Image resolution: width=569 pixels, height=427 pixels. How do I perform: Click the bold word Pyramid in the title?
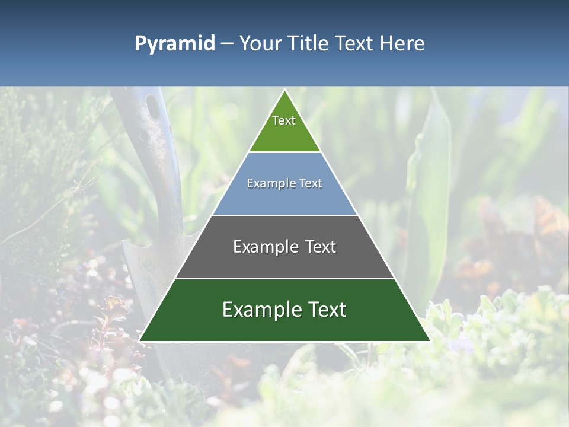click(x=174, y=43)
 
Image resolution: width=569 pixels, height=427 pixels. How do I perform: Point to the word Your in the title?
click(x=260, y=43)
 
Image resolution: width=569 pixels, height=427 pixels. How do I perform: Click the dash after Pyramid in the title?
click(x=226, y=44)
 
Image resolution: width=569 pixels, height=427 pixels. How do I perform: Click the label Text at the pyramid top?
click(x=284, y=120)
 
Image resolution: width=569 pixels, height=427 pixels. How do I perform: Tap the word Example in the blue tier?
click(x=265, y=183)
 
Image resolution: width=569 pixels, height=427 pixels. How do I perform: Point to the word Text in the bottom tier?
click(x=327, y=310)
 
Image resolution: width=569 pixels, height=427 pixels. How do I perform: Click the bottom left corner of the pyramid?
click(x=139, y=341)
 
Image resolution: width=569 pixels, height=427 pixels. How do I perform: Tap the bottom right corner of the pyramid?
click(x=430, y=341)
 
